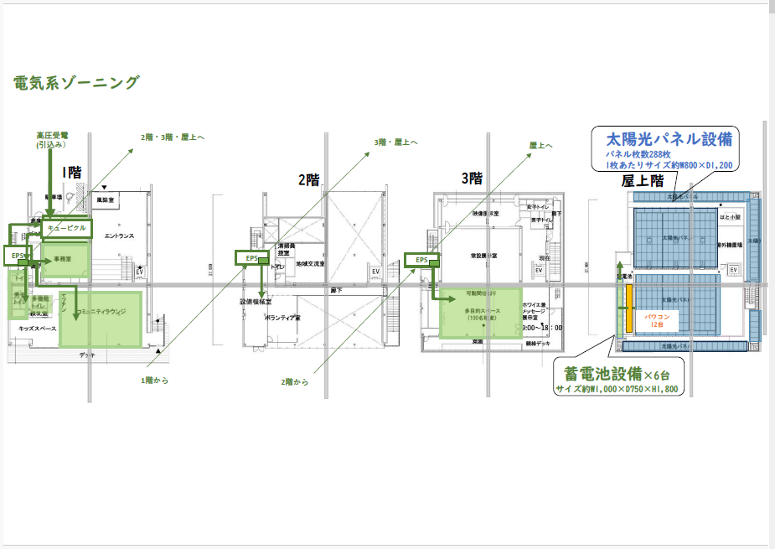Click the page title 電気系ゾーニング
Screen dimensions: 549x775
pyautogui.click(x=75, y=82)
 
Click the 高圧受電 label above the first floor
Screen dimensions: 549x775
pyautogui.click(x=52, y=135)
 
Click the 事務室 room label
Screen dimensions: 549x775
pyautogui.click(x=64, y=259)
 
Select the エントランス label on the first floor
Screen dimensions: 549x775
pyautogui.click(x=119, y=236)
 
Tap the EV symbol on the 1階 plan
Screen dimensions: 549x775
pyautogui.click(x=139, y=272)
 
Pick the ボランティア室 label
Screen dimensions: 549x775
pyautogui.click(x=284, y=319)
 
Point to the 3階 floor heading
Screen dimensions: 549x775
pyautogui.click(x=472, y=178)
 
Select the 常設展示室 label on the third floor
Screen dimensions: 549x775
pyautogui.click(x=483, y=255)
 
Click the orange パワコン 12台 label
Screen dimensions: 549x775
pyautogui.click(x=656, y=320)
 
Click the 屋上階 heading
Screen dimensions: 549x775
pyautogui.click(x=643, y=180)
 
